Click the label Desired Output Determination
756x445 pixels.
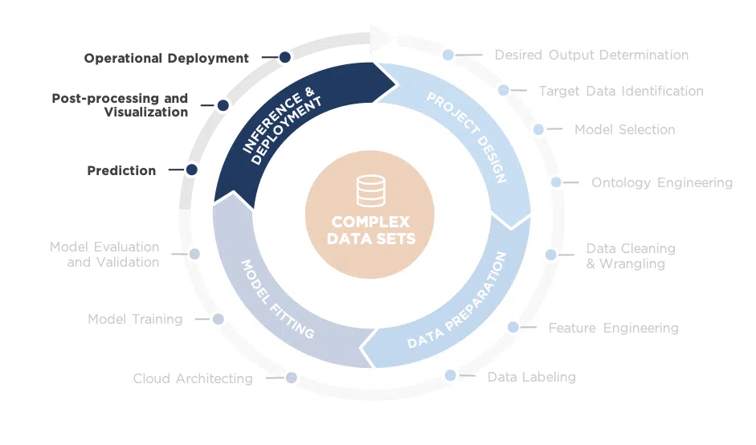[x=591, y=55]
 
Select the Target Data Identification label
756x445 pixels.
[x=621, y=92]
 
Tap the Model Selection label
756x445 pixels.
[x=624, y=129]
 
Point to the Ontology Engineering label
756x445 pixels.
[x=662, y=183]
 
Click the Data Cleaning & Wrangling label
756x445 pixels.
[x=630, y=256]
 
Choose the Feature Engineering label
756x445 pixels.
[x=613, y=329]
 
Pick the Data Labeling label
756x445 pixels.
[x=531, y=377]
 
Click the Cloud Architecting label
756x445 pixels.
[x=193, y=378]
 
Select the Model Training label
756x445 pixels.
[x=135, y=320]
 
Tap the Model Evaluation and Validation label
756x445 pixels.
[x=104, y=255]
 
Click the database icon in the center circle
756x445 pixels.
[x=370, y=191]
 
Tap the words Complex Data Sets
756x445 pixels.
[x=370, y=230]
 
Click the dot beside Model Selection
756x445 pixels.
[x=538, y=129]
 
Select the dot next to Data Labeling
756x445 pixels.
[x=451, y=375]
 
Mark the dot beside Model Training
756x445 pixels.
[x=218, y=319]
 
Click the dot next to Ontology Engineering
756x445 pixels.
[x=556, y=182]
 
